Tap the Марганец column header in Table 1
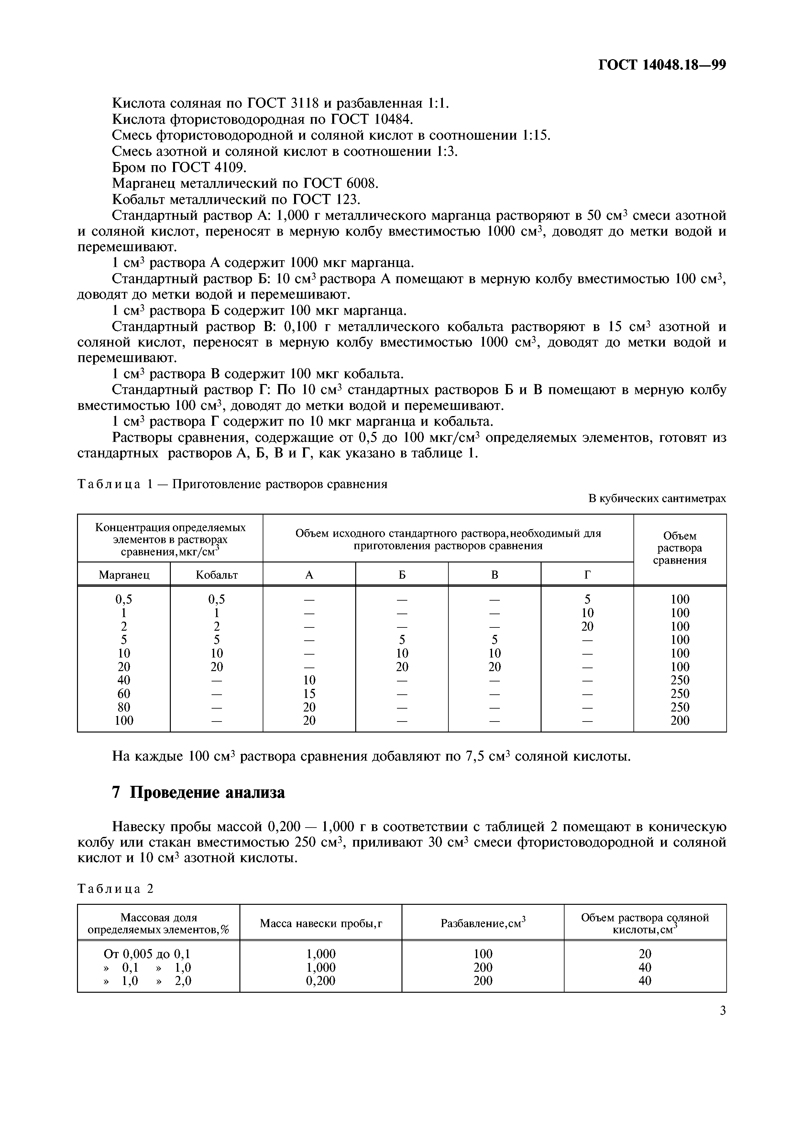[x=124, y=575]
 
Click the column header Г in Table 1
[x=587, y=575]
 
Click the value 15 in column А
[x=309, y=693]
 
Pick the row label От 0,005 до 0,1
[x=147, y=953]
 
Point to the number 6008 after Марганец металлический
[x=359, y=183]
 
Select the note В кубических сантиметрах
[x=657, y=498]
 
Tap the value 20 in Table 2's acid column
[x=645, y=953]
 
